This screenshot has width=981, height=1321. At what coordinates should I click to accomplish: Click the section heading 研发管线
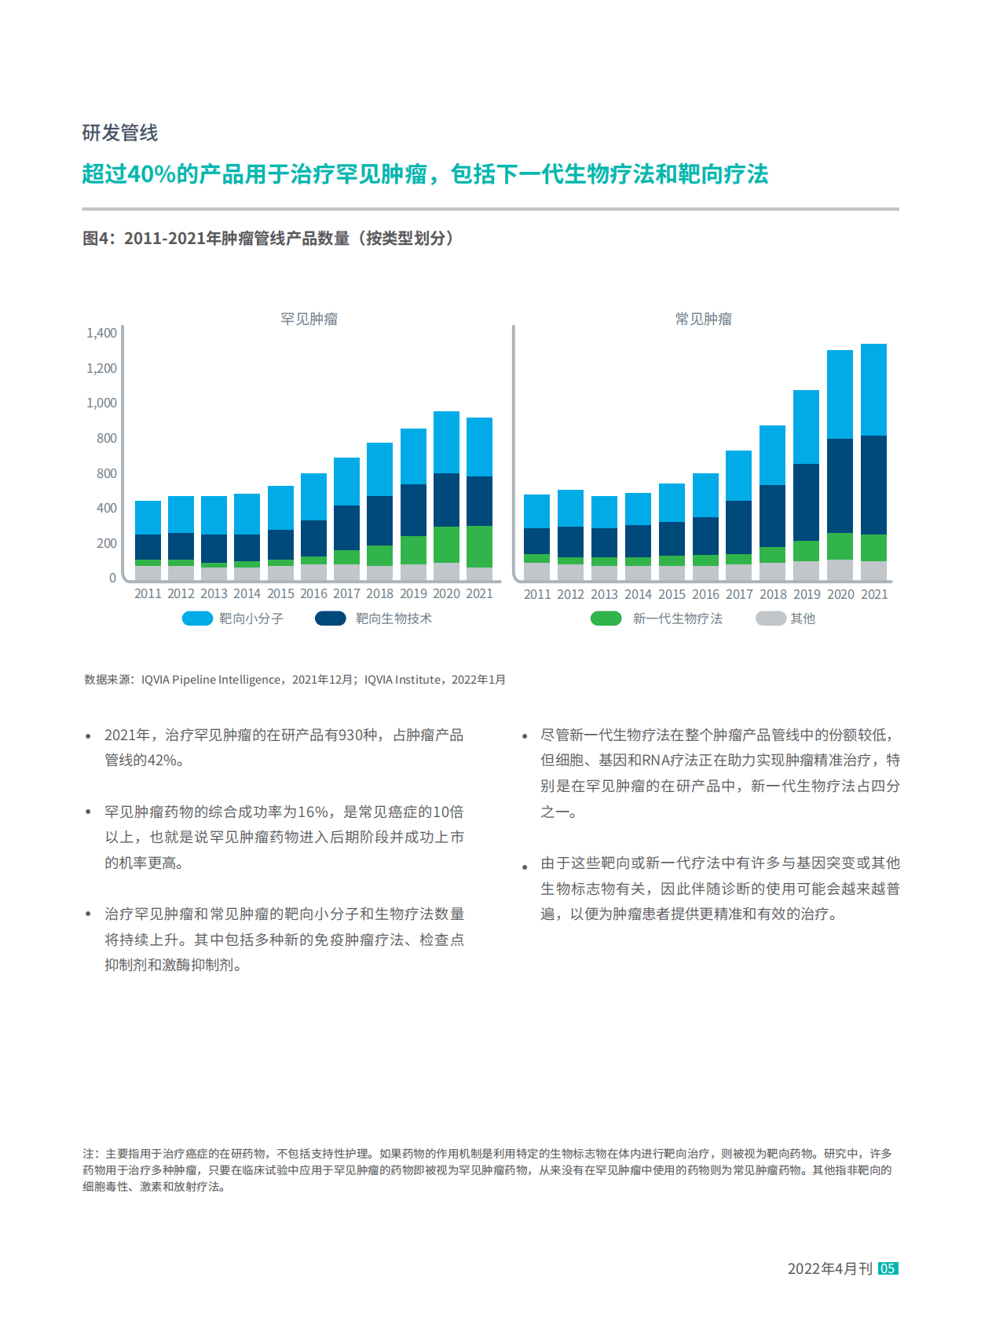click(x=119, y=133)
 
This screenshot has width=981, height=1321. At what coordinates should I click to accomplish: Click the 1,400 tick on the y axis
click(x=101, y=333)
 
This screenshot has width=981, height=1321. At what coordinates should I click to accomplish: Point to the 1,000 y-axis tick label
click(x=101, y=403)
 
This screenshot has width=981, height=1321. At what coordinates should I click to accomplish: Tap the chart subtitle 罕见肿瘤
click(x=309, y=319)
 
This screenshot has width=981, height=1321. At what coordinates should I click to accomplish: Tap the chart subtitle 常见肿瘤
click(x=703, y=319)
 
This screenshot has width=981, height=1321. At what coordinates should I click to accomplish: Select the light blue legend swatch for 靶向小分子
click(x=197, y=619)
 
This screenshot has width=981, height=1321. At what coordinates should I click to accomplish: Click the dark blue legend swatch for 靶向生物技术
click(x=330, y=619)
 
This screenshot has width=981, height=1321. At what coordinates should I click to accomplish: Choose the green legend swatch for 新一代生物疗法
click(x=606, y=619)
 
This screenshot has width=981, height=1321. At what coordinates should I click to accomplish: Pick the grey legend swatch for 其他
click(x=770, y=619)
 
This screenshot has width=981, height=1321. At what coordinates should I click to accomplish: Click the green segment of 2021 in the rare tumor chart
click(x=479, y=546)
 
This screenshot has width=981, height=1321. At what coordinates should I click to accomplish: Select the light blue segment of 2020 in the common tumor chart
click(x=840, y=394)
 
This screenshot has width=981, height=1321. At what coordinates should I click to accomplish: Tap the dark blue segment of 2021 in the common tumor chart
click(x=873, y=484)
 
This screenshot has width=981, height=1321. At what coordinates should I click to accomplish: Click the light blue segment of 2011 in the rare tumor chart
click(x=148, y=517)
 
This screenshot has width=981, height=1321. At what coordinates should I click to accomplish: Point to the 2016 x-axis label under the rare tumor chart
click(x=313, y=594)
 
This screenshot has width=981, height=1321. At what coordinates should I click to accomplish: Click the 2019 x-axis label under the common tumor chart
click(x=807, y=595)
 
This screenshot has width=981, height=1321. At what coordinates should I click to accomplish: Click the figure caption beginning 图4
click(x=268, y=238)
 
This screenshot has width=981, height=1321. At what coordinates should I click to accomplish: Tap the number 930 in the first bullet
click(x=350, y=735)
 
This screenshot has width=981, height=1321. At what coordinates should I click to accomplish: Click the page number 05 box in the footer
click(x=888, y=1268)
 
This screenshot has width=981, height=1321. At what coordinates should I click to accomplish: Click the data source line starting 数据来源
click(x=295, y=680)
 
